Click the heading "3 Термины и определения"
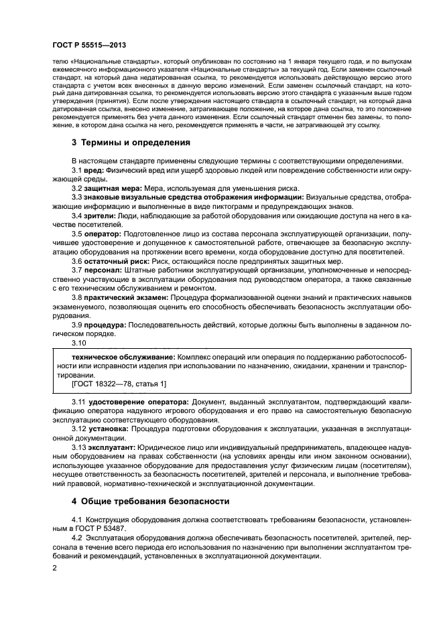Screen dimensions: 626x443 131,143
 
